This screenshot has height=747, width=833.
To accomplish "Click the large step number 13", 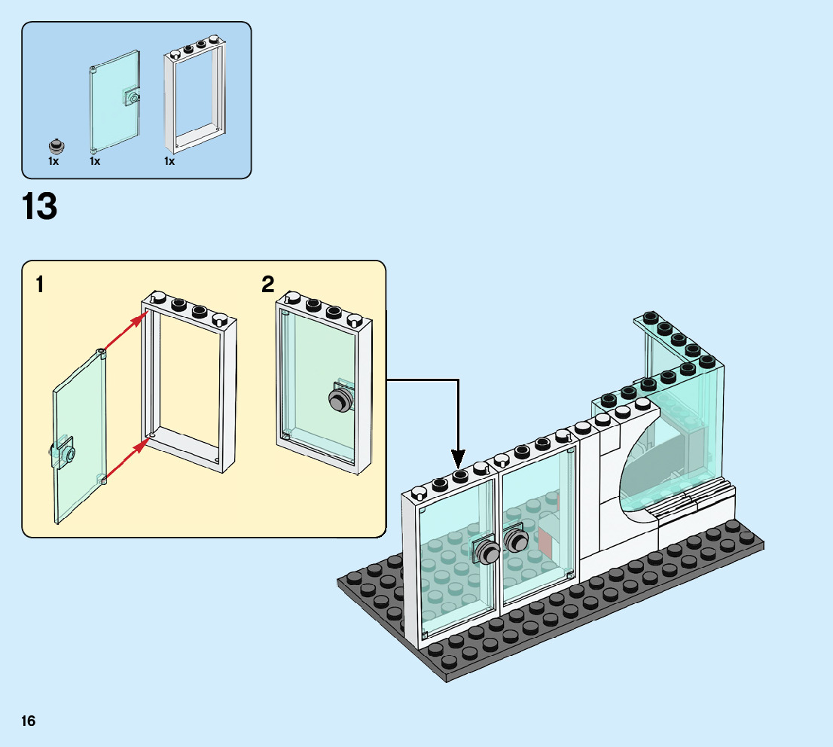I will coord(40,207).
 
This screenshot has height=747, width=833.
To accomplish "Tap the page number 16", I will coord(29,721).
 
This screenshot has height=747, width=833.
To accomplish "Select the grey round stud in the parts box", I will coord(55,145).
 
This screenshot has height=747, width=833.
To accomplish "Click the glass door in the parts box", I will coord(114,102).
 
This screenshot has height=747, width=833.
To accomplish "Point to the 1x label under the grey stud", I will coord(53,161).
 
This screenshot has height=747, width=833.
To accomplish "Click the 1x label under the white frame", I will coord(169,161).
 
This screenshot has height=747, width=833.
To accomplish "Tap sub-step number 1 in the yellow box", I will coord(40,285).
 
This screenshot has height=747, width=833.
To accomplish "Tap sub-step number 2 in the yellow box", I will coord(268,285).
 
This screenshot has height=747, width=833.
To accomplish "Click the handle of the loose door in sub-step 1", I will coord(65,453).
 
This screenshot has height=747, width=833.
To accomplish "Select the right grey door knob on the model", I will coord(517,541).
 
